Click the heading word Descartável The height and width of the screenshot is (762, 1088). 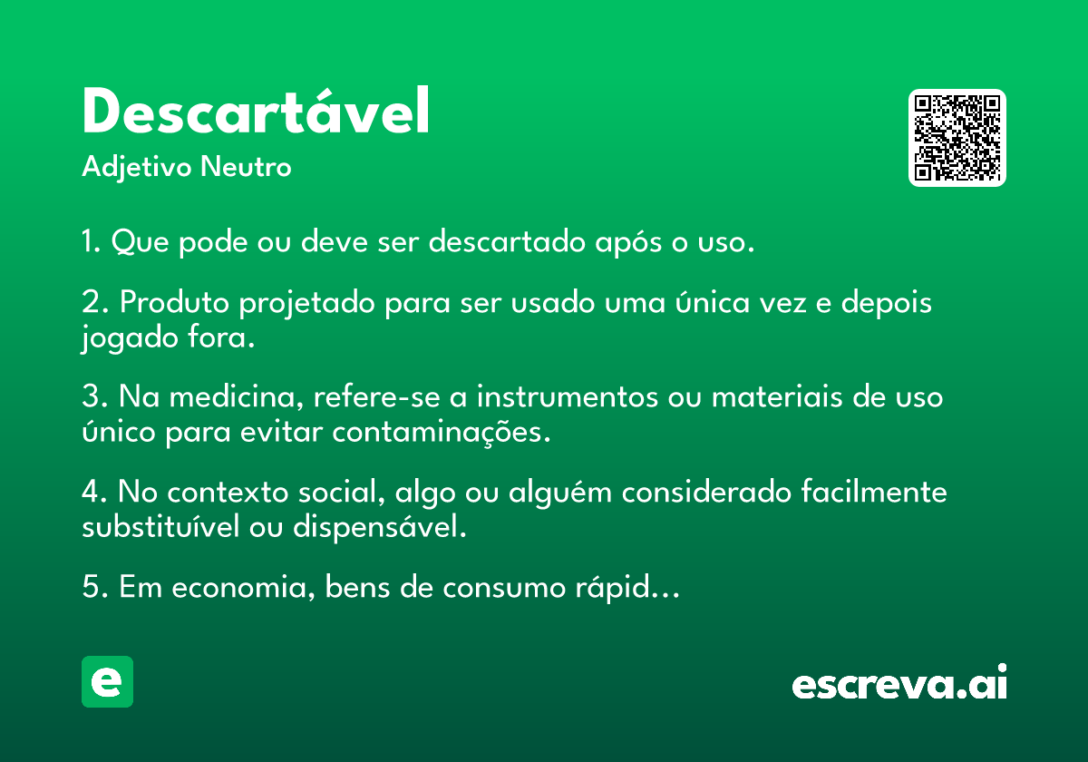[x=256, y=111]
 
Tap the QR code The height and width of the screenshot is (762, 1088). [x=957, y=138]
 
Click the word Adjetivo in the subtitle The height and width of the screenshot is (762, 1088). [x=137, y=168]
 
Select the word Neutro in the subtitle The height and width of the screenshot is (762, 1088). [x=246, y=167]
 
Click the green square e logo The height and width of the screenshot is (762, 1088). [x=107, y=681]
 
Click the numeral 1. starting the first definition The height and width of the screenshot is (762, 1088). [x=92, y=240]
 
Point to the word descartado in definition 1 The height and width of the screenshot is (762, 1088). [x=507, y=240]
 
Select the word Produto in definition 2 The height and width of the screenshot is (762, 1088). [x=174, y=302]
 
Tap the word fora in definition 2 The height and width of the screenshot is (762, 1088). [x=221, y=337]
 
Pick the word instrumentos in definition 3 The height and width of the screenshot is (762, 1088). [x=568, y=397]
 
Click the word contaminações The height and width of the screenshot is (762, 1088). [x=442, y=432]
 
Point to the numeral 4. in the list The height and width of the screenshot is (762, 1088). [x=94, y=492]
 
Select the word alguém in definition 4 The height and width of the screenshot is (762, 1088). [x=560, y=493]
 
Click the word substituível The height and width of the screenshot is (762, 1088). [x=160, y=526]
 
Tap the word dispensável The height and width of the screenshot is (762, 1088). [x=380, y=527]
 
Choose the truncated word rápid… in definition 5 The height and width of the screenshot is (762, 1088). [x=627, y=588]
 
